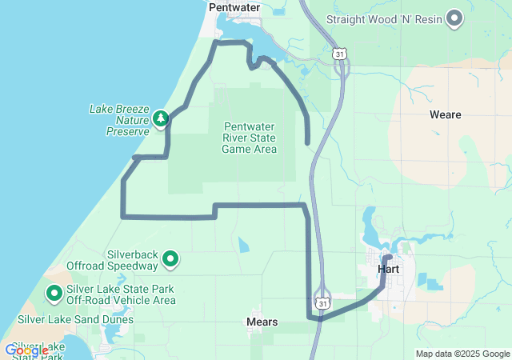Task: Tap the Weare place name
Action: [445, 114]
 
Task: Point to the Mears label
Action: [262, 322]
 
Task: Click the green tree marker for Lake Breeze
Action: [161, 119]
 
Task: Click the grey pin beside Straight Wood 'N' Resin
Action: [454, 17]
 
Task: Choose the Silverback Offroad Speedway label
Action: [121, 259]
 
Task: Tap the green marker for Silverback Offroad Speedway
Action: [170, 258]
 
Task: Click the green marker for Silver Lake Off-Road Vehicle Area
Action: [54, 294]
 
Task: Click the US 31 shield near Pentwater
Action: [341, 54]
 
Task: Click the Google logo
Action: [26, 350]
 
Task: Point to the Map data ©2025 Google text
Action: [462, 354]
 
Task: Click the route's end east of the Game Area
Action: [308, 142]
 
